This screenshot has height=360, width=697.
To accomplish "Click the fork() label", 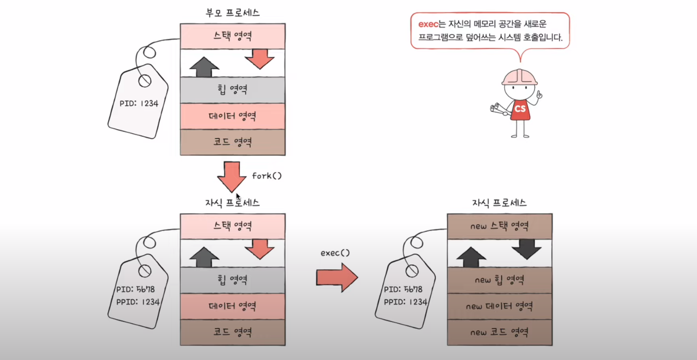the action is click(x=267, y=176).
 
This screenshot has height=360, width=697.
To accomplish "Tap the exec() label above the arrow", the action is click(x=335, y=252).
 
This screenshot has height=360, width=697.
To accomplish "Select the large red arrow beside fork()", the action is click(x=232, y=176).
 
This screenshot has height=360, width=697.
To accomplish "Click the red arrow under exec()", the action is click(x=337, y=277).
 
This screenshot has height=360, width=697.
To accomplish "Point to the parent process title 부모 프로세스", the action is click(x=232, y=13).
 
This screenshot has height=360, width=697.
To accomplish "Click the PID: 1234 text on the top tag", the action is click(x=139, y=103).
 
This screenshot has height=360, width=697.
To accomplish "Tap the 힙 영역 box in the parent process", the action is click(x=232, y=89).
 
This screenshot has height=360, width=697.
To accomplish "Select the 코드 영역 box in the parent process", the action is click(x=232, y=142).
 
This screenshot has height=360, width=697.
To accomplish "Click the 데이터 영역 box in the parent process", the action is click(x=232, y=116).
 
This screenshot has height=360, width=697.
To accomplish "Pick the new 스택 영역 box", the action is click(x=499, y=226).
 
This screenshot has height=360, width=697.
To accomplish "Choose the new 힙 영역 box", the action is click(x=499, y=280).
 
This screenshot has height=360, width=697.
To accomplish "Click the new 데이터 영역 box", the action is click(x=499, y=306).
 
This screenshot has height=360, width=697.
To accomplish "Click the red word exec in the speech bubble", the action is click(x=428, y=24).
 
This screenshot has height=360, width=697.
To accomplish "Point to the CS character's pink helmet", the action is click(x=520, y=77).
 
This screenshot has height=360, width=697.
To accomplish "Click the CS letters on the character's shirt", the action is click(x=520, y=109).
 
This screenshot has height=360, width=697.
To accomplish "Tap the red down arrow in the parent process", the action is click(x=259, y=59).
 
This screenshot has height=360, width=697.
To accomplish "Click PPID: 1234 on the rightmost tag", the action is click(x=406, y=302).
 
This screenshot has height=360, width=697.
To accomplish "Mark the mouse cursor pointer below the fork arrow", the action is click(x=238, y=196).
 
